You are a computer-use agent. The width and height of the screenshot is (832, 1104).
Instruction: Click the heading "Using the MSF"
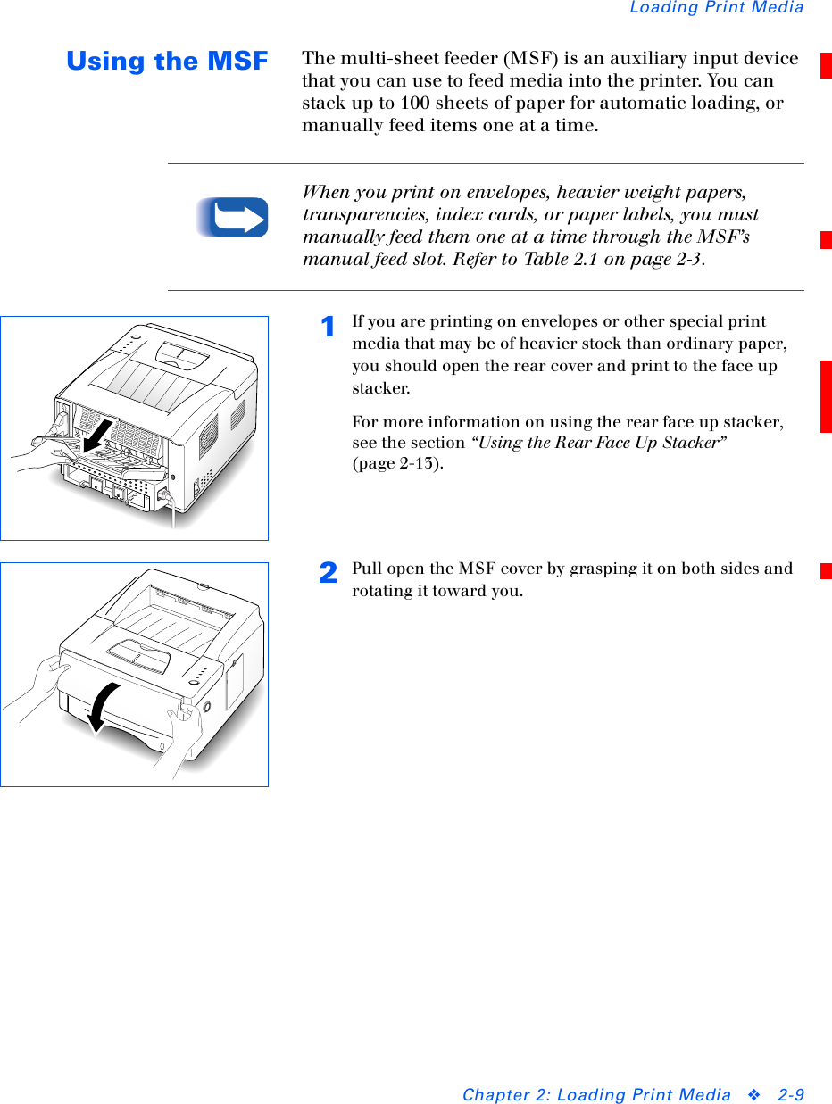167,61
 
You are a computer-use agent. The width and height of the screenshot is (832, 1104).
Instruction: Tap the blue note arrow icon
232,217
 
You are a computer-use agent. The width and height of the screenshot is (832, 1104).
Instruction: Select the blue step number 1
328,327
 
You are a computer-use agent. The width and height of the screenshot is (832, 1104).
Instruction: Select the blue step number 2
328,572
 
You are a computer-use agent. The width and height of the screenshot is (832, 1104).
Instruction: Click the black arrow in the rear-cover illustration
98,436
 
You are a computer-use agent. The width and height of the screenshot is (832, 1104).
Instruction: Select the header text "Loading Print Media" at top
717,7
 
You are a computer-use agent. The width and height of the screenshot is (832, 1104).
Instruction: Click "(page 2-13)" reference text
398,463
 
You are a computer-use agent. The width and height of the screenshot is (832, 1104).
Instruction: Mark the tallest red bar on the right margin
826,396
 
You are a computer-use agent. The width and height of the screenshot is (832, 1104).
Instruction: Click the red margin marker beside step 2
826,571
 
